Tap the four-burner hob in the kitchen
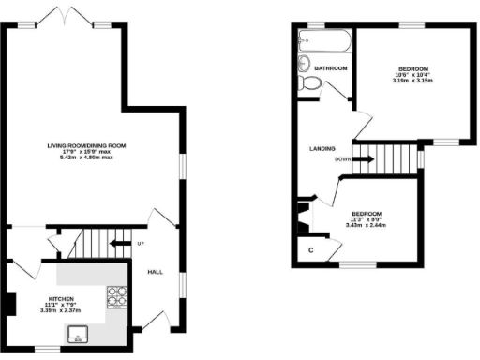tap(117, 296)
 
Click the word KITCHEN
tap(61, 301)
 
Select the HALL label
tap(156, 271)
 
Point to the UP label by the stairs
tap(141, 243)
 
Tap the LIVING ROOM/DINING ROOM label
tap(87, 146)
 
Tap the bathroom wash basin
tap(303, 64)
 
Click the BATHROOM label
tap(331, 68)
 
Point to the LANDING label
tap(323, 148)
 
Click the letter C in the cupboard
tap(310, 250)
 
